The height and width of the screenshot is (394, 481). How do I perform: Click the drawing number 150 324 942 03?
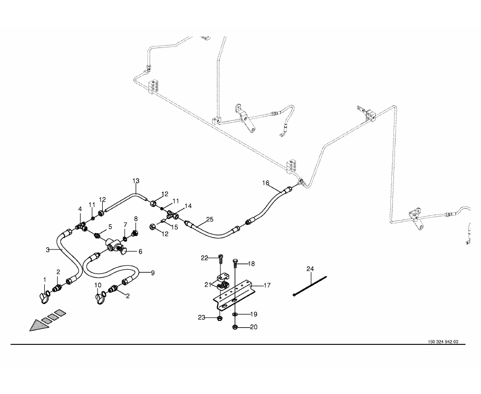(443, 342)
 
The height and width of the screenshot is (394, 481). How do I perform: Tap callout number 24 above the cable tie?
(310, 269)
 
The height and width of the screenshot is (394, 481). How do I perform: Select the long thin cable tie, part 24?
(310, 286)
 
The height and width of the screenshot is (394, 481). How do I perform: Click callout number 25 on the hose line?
(209, 220)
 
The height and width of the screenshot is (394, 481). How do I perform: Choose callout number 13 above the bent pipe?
(135, 181)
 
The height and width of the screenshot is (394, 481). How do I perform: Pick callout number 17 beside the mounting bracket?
(267, 285)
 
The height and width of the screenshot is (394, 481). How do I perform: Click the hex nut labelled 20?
(235, 327)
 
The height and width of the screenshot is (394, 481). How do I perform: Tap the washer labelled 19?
(235, 315)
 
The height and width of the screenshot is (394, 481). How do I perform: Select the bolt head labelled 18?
(236, 260)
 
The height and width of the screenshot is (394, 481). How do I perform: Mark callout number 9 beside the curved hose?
(153, 272)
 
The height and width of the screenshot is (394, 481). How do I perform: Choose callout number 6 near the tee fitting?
(140, 251)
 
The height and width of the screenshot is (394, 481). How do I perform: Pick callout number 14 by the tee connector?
(188, 206)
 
